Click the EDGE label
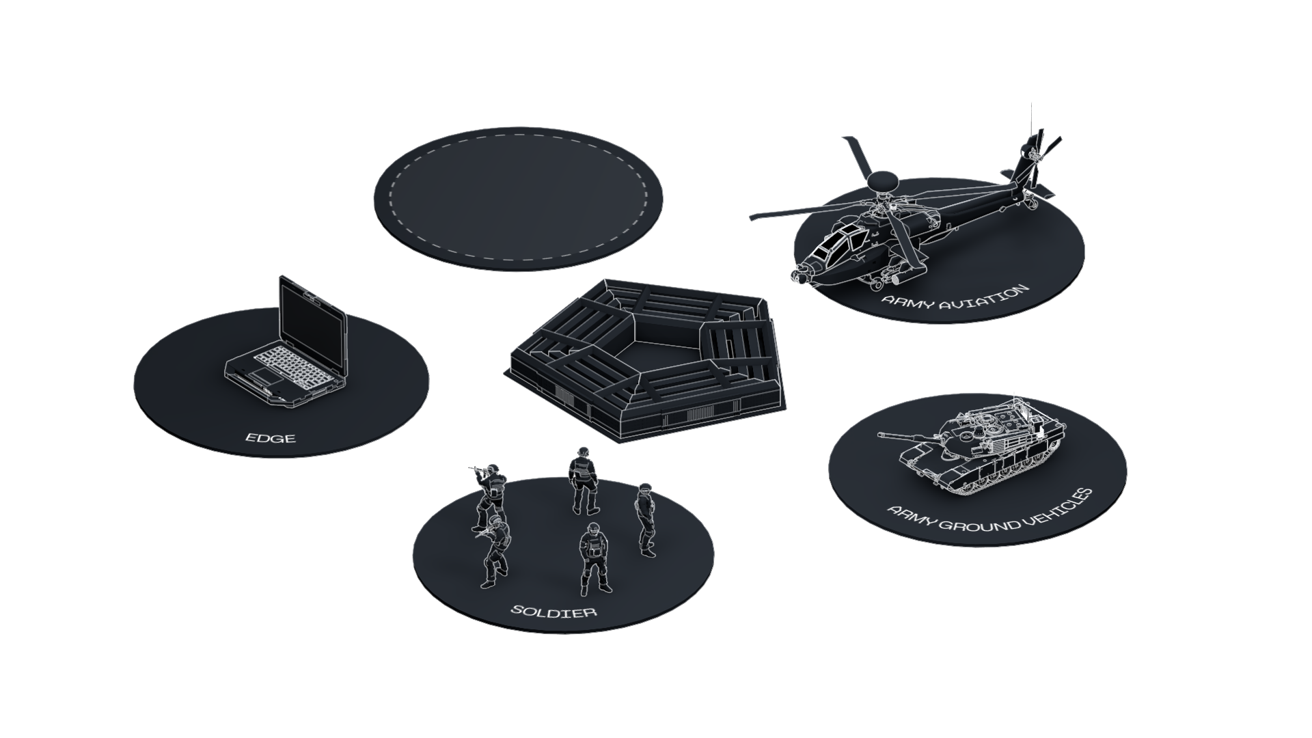pyautogui.click(x=271, y=437)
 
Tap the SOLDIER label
pyautogui.click(x=554, y=610)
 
